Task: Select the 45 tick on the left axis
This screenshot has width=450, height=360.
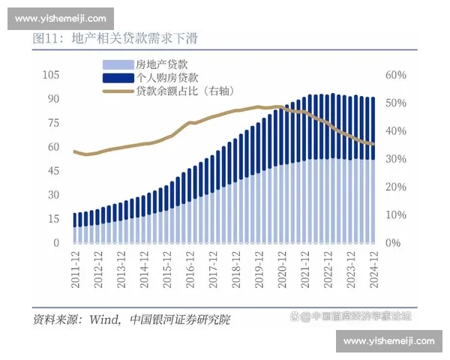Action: (x=53, y=171)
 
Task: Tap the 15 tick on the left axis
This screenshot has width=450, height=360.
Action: (x=53, y=219)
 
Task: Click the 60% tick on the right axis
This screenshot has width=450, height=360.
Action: (x=395, y=75)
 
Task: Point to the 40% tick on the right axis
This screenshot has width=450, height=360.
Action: (x=395, y=131)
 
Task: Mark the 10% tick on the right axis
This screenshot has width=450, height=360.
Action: (x=395, y=215)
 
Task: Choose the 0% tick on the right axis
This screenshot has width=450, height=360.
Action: (x=393, y=243)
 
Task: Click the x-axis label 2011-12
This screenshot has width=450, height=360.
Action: (x=76, y=267)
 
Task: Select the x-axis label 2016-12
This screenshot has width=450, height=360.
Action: (x=190, y=267)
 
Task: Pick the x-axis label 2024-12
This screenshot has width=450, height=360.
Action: (x=373, y=267)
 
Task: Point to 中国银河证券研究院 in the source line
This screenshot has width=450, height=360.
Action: (x=180, y=319)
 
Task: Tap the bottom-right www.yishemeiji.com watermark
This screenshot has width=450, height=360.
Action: (x=388, y=342)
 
